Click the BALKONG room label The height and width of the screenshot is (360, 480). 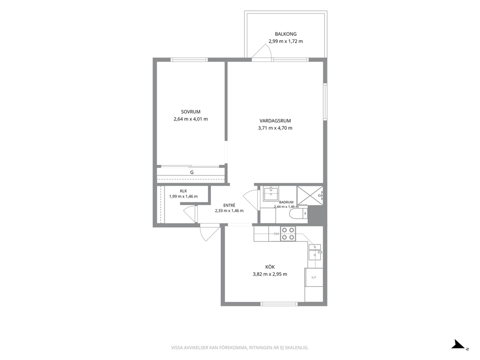click(x=285, y=34)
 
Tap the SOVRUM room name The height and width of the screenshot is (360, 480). click(x=191, y=112)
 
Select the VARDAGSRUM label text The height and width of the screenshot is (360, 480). click(x=275, y=120)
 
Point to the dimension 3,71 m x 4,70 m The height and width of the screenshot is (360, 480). click(x=275, y=128)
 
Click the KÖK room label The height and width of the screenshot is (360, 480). click(x=270, y=267)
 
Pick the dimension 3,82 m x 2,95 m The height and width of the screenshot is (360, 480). click(x=270, y=274)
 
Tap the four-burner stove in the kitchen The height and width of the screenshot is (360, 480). click(x=288, y=233)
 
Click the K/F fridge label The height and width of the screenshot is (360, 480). click(x=314, y=277)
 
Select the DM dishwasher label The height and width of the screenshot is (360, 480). click(x=276, y=234)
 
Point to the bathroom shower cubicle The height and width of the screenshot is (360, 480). click(x=310, y=195)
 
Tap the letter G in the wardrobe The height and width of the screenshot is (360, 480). click(x=192, y=172)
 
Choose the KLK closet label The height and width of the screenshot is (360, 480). click(x=183, y=191)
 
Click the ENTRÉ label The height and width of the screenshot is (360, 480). click(x=229, y=206)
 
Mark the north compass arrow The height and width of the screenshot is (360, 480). click(x=458, y=344)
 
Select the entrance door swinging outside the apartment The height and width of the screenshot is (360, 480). click(x=210, y=233)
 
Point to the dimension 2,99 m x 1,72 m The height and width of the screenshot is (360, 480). click(x=285, y=41)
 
